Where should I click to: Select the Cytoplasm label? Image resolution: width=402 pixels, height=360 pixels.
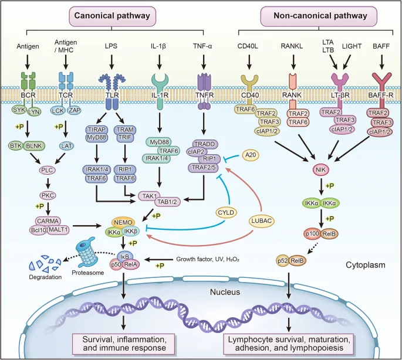coord(365,265)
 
